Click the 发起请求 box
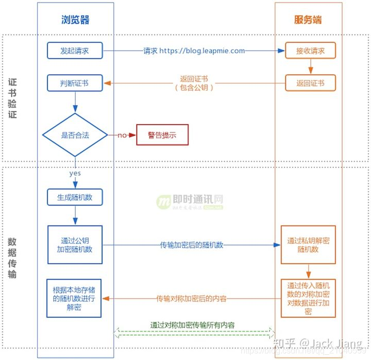tap(75, 50)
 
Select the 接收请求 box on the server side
tap(310, 50)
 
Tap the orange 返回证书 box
tap(310, 82)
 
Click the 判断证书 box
tap(75, 82)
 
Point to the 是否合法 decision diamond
tap(75, 135)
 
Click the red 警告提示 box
tap(162, 135)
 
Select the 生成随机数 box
tap(75, 196)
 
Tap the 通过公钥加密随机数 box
tap(75, 245)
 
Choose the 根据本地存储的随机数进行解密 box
tap(74, 298)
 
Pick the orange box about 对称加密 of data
tap(308, 298)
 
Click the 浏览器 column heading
tap(75, 20)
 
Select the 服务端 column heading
tap(308, 20)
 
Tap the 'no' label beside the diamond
tap(122, 135)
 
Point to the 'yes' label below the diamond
tap(75, 174)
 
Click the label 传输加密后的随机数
tap(191, 245)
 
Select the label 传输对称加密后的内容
tap(192, 298)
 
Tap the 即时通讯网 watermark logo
tap(191, 201)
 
